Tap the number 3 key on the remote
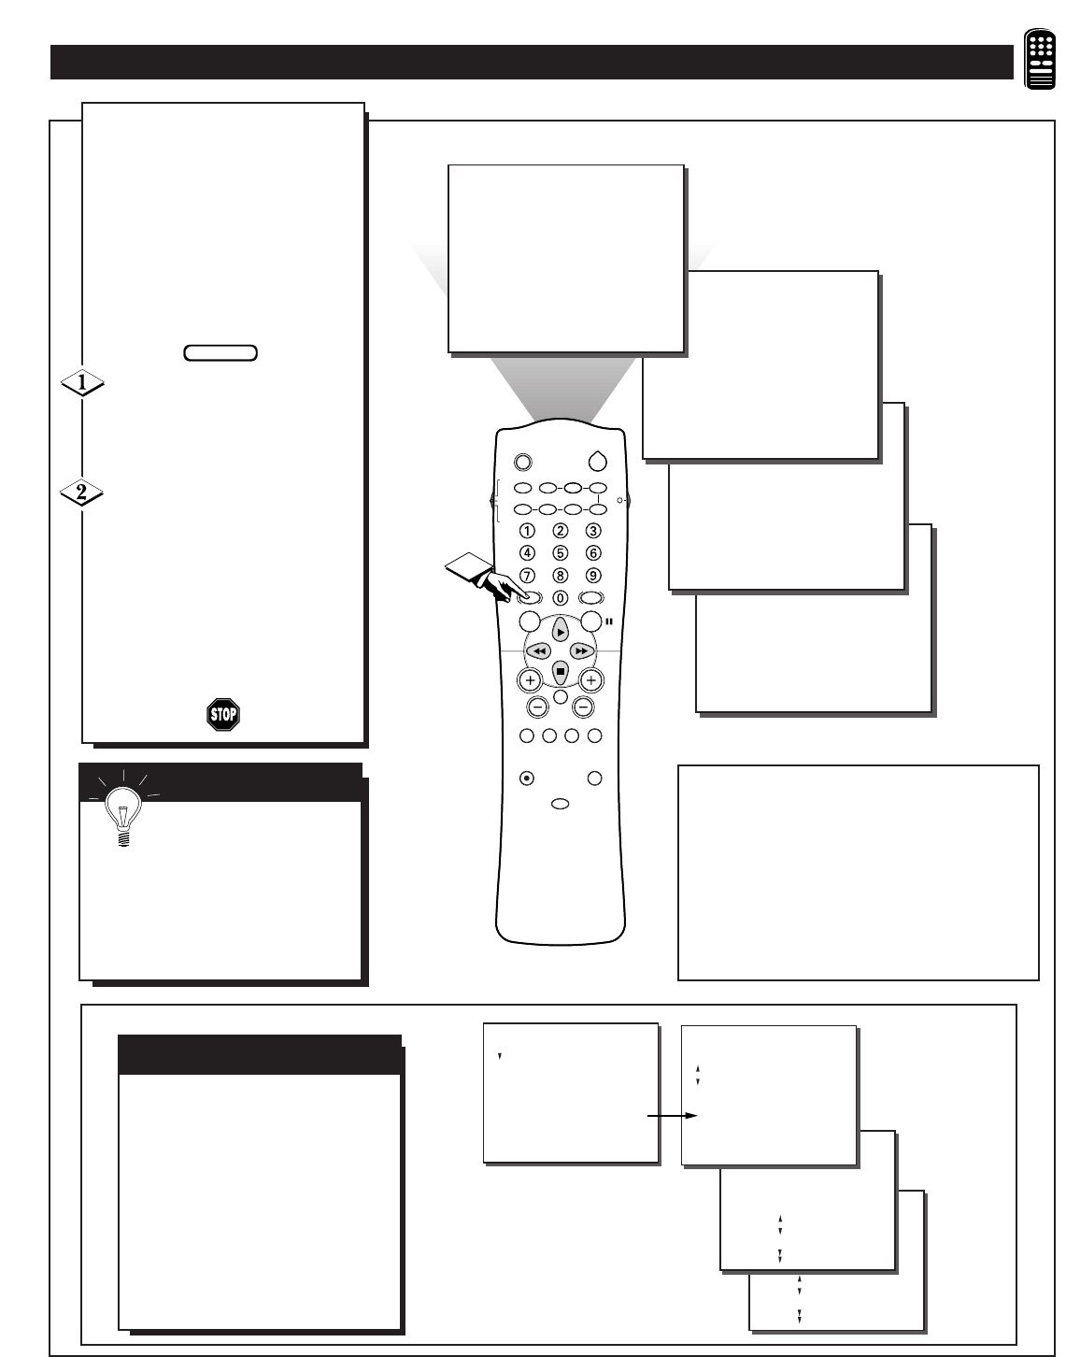point(593,531)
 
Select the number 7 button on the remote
point(527,576)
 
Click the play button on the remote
point(560,631)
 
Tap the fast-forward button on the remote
point(582,650)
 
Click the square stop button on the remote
point(560,670)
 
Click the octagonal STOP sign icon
point(223,715)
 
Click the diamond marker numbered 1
point(81,382)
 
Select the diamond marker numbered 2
point(81,493)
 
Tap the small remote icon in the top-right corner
point(1039,60)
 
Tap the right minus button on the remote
point(584,707)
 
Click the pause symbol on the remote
point(610,621)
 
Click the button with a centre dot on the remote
point(527,778)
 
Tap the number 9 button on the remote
point(593,576)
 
